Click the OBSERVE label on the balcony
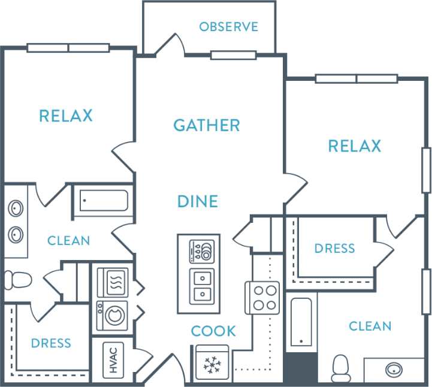click(x=228, y=27)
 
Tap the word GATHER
click(x=207, y=125)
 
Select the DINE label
click(x=197, y=201)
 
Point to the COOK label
click(x=213, y=331)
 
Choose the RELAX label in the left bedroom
click(x=66, y=116)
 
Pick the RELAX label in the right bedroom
click(x=354, y=146)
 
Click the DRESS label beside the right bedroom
click(x=334, y=248)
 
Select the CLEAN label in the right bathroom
click(x=370, y=326)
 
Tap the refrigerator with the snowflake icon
click(x=212, y=364)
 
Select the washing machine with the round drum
click(x=112, y=315)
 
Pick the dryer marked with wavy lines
click(x=112, y=282)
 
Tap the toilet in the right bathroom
click(x=341, y=368)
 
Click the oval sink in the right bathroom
click(x=394, y=368)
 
